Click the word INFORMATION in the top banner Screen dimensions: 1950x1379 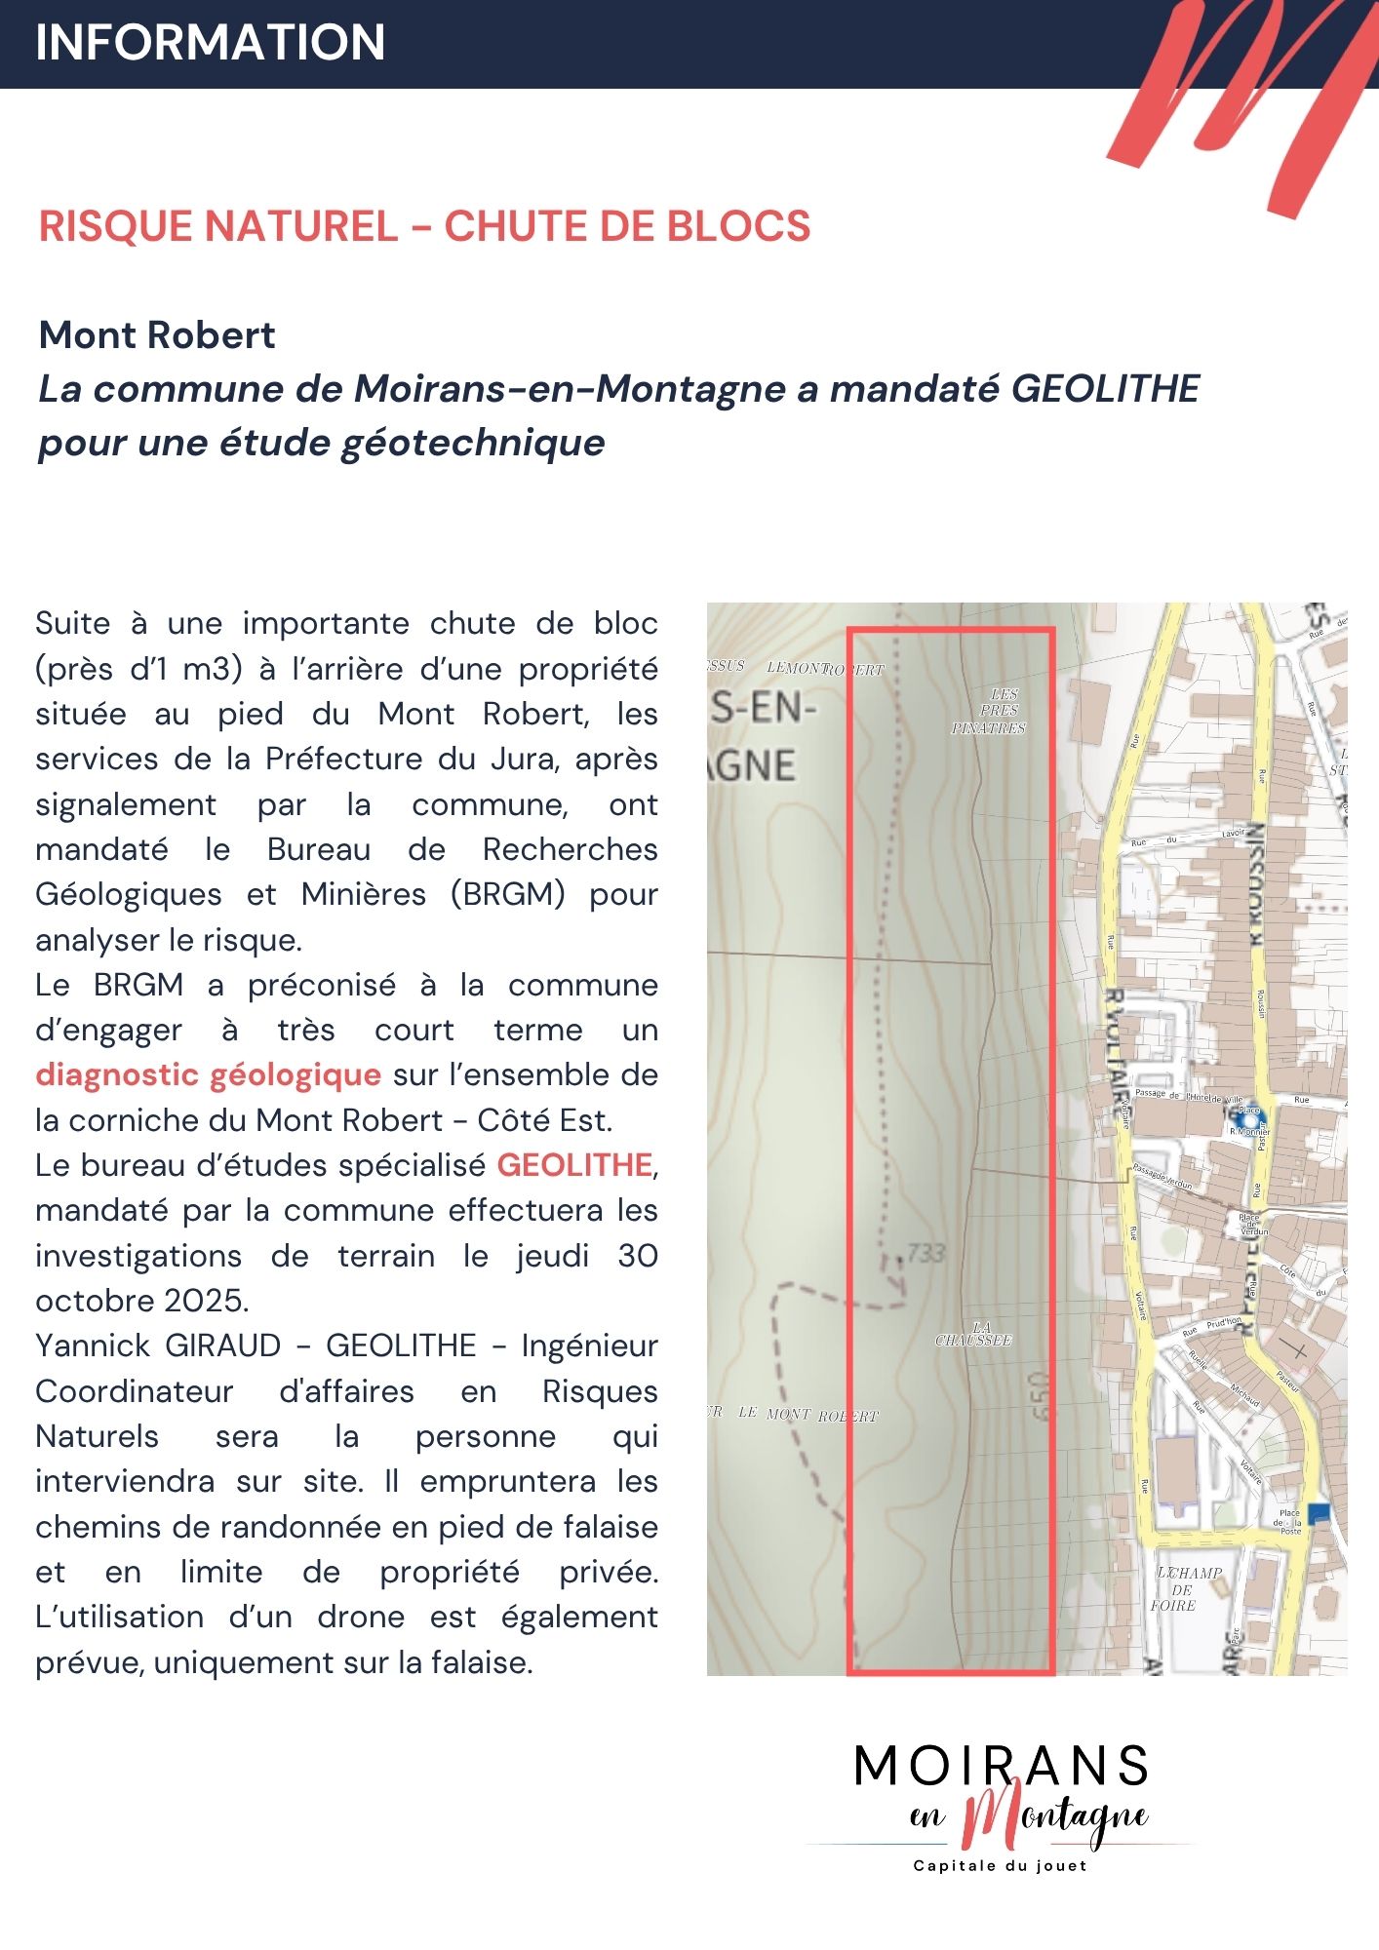coord(210,43)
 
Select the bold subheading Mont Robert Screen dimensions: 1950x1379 coord(157,335)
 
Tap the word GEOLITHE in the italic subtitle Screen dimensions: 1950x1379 coord(1105,389)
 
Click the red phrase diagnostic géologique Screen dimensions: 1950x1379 coord(208,1074)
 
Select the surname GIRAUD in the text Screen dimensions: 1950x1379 coord(223,1345)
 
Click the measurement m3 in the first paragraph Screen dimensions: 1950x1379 coord(213,669)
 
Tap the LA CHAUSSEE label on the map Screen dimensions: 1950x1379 coord(973,1334)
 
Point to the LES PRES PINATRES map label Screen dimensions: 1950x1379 coord(990,711)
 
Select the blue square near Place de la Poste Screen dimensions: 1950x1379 coord(1318,1512)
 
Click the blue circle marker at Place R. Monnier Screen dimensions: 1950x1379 coord(1248,1111)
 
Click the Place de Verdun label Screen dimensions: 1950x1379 coord(1251,1224)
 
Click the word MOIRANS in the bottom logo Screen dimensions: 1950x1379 coord(1001,1766)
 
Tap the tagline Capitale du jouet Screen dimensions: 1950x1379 coord(1000,1866)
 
